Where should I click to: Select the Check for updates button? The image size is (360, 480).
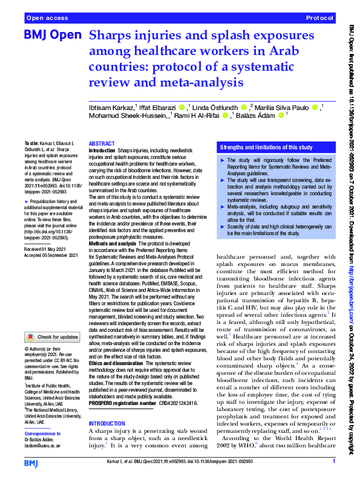(51, 337)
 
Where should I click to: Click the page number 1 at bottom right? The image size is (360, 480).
(334, 461)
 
